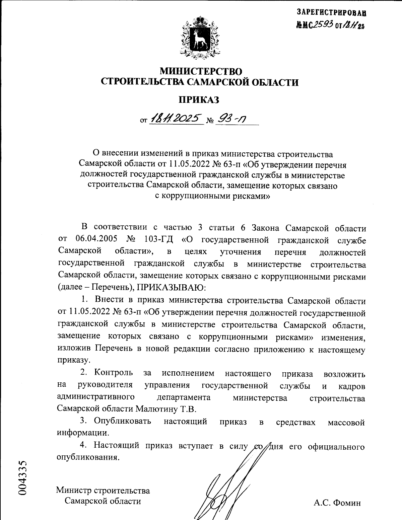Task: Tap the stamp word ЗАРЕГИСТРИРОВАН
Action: click(331, 12)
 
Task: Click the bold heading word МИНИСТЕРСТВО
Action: click(200, 71)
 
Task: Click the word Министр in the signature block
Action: click(74, 491)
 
